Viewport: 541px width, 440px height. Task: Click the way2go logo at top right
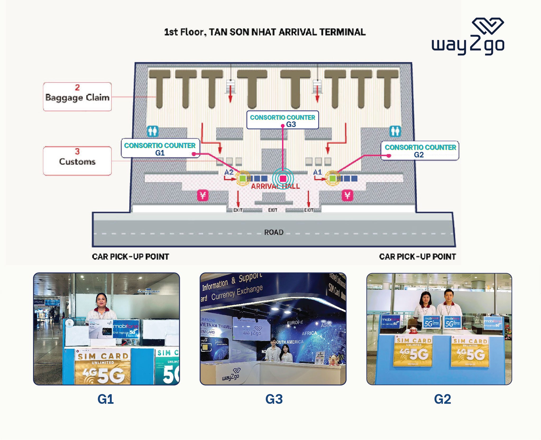468,37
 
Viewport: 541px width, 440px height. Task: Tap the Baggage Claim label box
77,97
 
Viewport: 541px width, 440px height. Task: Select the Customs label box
77,161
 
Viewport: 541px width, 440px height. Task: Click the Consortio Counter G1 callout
160,148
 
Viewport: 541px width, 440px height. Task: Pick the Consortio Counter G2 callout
420,151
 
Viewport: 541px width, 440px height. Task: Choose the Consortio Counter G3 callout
282,120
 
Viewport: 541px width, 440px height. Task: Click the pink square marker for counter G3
283,178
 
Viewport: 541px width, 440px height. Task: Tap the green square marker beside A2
242,178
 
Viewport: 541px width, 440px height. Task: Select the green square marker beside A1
332,178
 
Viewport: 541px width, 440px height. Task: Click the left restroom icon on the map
153,131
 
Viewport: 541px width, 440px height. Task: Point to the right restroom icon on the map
395,131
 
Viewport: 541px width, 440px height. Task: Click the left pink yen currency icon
203,196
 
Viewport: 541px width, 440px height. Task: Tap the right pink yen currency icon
347,196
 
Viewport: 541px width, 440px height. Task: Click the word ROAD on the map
274,232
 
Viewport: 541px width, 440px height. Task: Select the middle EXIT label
273,210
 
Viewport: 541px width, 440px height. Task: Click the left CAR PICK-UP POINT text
130,257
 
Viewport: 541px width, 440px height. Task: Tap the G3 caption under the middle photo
274,399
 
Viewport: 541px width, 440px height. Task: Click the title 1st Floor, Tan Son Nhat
265,32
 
